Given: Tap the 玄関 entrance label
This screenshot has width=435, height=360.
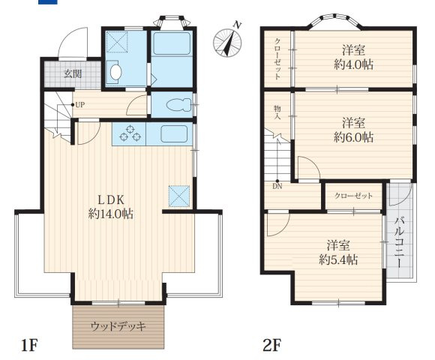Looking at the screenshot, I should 72,73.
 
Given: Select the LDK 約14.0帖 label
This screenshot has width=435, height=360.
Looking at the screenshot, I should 111,206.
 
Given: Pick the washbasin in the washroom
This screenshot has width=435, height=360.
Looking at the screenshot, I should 115,72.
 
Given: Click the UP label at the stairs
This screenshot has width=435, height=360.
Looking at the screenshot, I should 79,105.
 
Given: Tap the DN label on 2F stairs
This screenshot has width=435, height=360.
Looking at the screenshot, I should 277,187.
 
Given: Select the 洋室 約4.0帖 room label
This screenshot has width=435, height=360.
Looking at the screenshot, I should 353,57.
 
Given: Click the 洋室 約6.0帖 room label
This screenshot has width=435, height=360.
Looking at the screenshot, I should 353,130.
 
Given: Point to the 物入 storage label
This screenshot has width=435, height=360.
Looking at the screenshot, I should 277,113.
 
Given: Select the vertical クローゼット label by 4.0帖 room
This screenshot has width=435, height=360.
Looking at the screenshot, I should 277,58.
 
